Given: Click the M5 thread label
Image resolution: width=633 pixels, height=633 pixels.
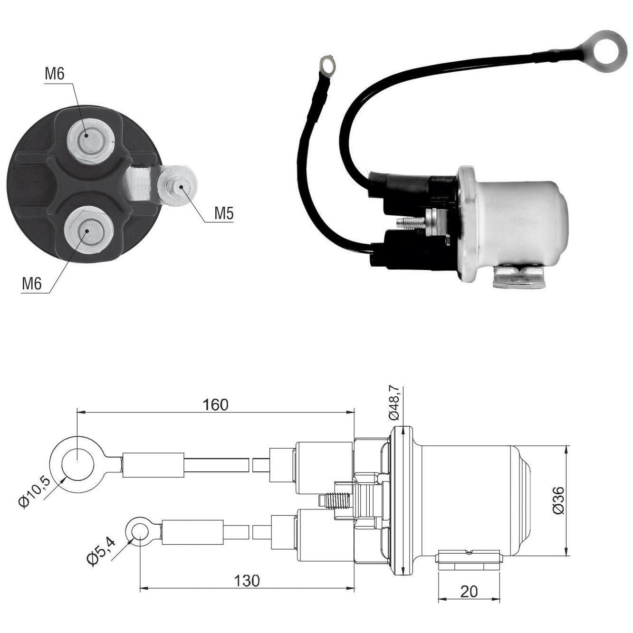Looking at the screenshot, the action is (224, 213).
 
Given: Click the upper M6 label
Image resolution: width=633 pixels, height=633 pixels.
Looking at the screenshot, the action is (55, 74).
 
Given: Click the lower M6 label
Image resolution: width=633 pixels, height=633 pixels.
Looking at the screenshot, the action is (31, 284).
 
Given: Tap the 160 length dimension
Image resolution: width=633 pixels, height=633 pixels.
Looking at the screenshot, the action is (215, 404).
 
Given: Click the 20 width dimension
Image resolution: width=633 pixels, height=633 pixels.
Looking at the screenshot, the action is (469, 592).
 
